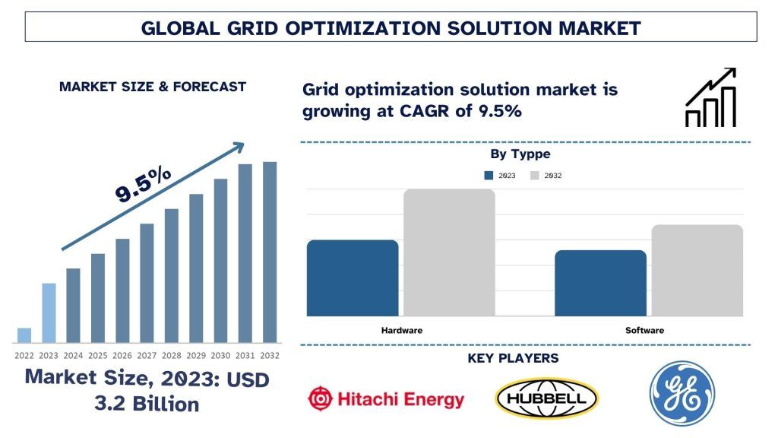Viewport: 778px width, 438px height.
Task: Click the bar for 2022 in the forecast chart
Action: click(x=24, y=335)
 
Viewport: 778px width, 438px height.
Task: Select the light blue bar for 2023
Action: click(x=49, y=313)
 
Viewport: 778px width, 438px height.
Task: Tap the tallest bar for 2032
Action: click(x=270, y=252)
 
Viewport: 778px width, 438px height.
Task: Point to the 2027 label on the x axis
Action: click(x=147, y=355)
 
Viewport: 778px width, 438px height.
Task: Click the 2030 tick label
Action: click(x=220, y=355)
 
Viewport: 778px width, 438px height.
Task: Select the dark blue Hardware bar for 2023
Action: click(x=353, y=278)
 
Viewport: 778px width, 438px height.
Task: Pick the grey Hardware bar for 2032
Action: click(x=449, y=252)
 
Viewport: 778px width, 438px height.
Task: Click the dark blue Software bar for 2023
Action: click(x=600, y=283)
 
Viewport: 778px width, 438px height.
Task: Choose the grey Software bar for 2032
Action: click(x=697, y=270)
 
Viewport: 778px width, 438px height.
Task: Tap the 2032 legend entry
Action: click(x=546, y=176)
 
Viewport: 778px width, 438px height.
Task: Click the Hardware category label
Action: click(x=401, y=330)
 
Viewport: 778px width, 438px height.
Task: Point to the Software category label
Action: click(x=644, y=330)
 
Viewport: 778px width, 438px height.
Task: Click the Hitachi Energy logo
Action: click(x=386, y=398)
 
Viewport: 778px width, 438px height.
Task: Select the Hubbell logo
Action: click(x=546, y=398)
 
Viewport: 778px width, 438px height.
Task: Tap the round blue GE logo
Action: click(x=682, y=393)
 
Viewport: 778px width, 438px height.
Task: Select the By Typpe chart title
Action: click(x=520, y=154)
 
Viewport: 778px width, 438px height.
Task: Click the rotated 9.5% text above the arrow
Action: click(x=143, y=185)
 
